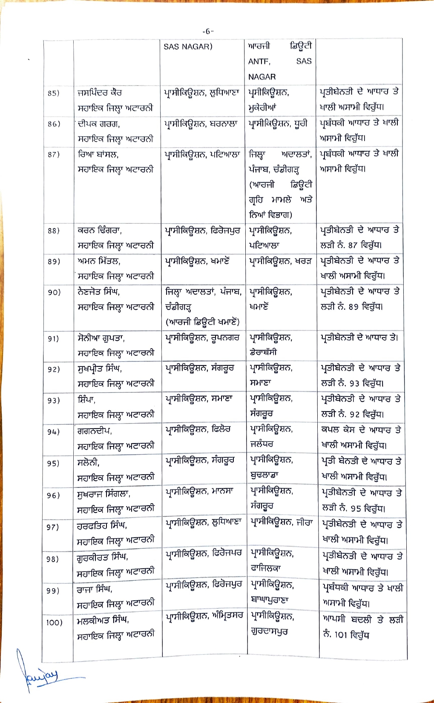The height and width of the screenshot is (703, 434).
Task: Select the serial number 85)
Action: [54, 93]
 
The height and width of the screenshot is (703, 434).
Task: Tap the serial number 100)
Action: [54, 622]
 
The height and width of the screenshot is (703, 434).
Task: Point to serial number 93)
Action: [54, 400]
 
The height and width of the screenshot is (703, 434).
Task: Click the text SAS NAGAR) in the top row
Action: [188, 46]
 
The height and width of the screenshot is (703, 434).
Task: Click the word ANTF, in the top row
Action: [259, 61]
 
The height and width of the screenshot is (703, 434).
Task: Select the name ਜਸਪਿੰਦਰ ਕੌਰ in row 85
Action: [100, 92]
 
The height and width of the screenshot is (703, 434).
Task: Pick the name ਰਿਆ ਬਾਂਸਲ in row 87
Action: [98, 154]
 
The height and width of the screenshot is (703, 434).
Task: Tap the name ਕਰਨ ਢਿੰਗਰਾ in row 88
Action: [99, 230]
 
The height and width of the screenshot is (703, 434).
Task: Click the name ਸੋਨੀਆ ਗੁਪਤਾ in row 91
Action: [101, 338]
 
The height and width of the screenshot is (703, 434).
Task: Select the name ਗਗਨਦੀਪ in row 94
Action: [94, 431]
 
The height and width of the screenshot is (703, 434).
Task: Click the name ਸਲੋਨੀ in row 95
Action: [88, 463]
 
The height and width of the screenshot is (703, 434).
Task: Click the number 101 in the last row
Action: [341, 635]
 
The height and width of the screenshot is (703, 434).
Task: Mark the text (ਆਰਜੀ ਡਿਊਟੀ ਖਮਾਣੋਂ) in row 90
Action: [202, 322]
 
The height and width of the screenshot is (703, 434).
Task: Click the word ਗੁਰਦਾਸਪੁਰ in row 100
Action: [269, 631]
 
